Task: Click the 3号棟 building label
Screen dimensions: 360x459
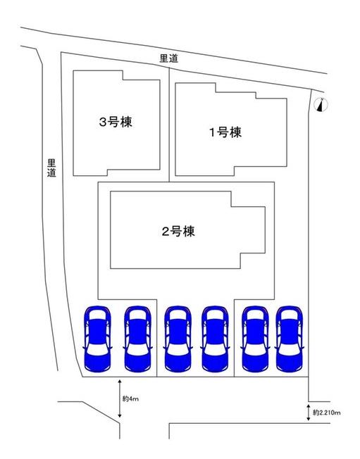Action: click(116, 122)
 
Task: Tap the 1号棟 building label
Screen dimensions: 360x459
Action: click(225, 132)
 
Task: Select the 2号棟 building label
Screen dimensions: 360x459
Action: click(178, 232)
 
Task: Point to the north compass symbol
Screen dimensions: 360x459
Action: click(321, 104)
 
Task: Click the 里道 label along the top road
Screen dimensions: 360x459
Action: click(168, 58)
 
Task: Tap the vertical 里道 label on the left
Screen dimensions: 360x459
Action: click(51, 168)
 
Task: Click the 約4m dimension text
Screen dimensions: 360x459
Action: click(130, 398)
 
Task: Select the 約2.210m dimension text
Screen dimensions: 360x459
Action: click(327, 413)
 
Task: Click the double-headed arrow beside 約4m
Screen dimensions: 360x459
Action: click(120, 398)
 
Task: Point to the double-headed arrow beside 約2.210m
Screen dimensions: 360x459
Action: click(308, 413)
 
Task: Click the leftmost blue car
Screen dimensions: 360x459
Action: click(97, 339)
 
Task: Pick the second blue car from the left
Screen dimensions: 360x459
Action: click(137, 339)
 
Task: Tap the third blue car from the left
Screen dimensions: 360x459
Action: click(178, 339)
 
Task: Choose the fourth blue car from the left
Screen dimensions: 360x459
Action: click(216, 339)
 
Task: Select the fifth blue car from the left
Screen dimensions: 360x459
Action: click(256, 339)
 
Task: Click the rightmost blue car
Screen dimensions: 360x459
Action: click(290, 339)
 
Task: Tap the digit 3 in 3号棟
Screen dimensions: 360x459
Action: click(103, 122)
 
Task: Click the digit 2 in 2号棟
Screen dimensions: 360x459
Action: click(166, 232)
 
